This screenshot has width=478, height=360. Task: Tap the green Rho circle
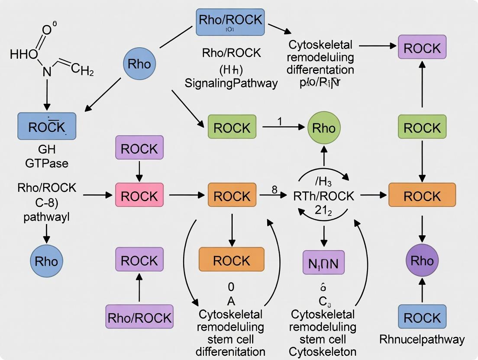click(x=324, y=128)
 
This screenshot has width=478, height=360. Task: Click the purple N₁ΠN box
click(x=323, y=262)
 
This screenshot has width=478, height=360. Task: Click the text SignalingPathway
click(x=231, y=83)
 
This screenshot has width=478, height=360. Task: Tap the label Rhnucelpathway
click(x=422, y=339)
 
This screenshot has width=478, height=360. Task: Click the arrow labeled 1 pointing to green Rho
click(x=284, y=127)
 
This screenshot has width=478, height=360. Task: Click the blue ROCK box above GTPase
click(x=47, y=126)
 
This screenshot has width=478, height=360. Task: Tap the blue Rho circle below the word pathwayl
click(x=47, y=261)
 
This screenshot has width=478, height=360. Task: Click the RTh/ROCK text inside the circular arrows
click(x=324, y=196)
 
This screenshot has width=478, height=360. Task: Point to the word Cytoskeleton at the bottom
click(x=324, y=351)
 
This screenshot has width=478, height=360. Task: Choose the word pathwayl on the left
click(x=46, y=216)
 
